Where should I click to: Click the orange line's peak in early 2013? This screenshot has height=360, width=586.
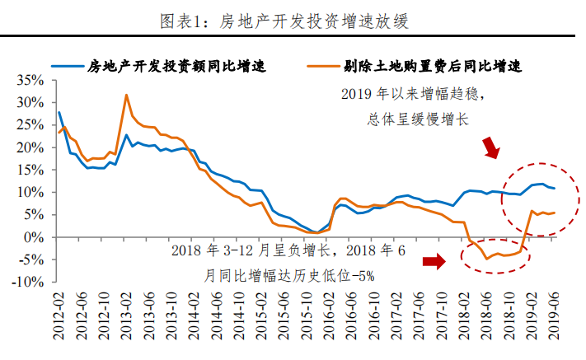point(126,95)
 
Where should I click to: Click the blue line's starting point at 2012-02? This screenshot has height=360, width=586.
point(59,112)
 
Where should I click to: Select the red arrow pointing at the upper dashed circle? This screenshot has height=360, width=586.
point(491,147)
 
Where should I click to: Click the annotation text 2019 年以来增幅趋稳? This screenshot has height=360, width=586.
point(412,93)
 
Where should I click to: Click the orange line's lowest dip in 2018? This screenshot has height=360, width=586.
point(486,259)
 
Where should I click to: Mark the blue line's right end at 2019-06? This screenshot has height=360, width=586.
point(554,189)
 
